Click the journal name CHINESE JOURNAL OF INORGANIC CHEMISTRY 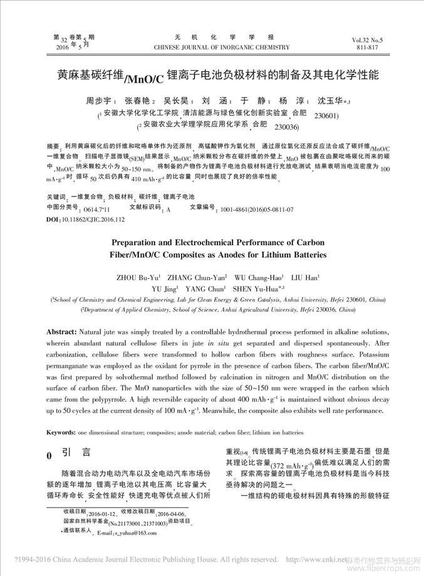(222, 47)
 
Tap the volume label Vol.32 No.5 (372, 39)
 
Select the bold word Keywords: (62, 433)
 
